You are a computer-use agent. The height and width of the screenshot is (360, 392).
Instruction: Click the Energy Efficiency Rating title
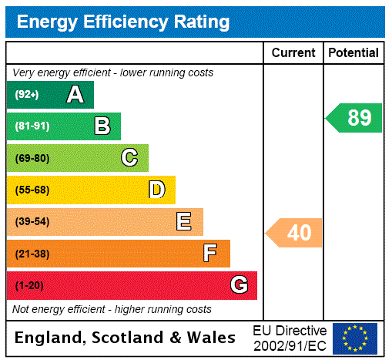(123, 22)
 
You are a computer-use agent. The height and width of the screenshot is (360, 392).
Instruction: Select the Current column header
(293, 53)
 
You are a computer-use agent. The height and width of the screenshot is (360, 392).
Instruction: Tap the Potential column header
(353, 53)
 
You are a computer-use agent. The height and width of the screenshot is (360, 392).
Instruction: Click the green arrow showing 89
(355, 118)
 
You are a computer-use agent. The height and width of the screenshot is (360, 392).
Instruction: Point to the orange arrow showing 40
(295, 232)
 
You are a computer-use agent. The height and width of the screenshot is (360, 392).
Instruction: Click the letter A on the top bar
(75, 95)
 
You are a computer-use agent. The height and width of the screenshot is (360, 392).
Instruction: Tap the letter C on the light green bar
(129, 158)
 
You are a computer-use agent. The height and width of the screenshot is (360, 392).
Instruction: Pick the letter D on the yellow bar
(156, 190)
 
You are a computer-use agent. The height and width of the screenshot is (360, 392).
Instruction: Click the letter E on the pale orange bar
(184, 222)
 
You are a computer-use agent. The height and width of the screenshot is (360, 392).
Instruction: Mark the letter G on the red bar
(239, 285)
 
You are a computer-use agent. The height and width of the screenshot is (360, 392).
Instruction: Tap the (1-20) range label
(29, 286)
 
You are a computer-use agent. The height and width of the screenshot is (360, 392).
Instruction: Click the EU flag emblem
(355, 338)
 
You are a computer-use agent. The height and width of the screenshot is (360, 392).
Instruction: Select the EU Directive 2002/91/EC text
(290, 338)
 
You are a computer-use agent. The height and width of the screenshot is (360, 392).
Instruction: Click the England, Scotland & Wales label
(126, 338)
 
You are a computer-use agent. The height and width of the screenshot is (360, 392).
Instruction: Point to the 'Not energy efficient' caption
(112, 309)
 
